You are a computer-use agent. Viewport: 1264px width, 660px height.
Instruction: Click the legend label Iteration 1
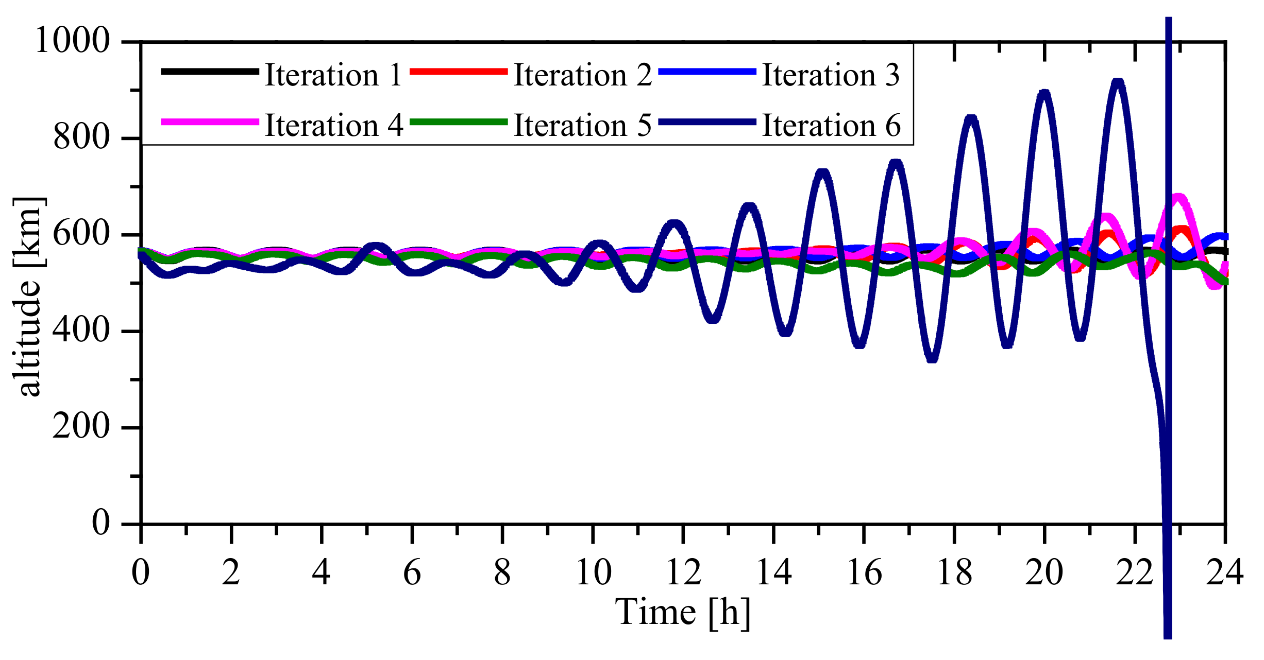[x=333, y=75]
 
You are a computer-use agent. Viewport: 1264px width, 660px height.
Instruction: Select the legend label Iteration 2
[x=582, y=75]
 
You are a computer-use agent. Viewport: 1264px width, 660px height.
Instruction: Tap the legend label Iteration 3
[x=831, y=75]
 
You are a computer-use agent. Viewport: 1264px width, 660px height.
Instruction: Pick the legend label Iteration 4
[x=333, y=125]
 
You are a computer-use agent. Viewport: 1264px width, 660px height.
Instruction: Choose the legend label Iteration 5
[x=582, y=125]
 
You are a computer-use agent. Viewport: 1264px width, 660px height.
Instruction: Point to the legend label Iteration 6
[x=831, y=125]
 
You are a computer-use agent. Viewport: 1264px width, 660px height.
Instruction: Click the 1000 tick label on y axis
[x=72, y=40]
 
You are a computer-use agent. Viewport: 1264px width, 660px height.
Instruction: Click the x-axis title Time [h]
[x=682, y=613]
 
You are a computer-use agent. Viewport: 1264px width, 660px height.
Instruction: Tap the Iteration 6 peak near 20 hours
[x=1044, y=93]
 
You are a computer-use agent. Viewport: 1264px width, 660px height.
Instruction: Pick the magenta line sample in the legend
[x=210, y=122]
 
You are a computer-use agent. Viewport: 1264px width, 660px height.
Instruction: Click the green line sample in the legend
[x=459, y=122]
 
